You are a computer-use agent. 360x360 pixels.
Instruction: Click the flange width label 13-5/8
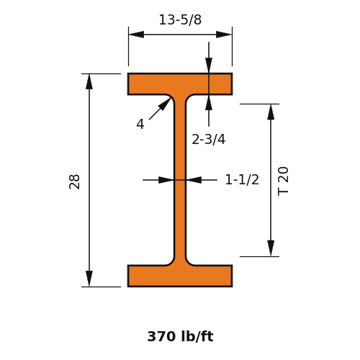pos(180,19)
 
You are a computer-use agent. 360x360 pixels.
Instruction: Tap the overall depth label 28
pos(74,181)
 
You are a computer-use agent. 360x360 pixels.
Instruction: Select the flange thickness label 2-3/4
pos(209,139)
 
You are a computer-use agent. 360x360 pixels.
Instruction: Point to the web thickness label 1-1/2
pos(242,179)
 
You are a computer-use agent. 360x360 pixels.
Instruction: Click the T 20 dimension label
pos(283,181)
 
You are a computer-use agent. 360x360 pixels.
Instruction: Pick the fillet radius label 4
pos(140,125)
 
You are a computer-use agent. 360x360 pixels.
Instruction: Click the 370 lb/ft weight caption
pos(180,336)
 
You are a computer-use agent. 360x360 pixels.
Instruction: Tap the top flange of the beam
pos(180,84)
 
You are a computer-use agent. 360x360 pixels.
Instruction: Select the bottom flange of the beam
pos(180,276)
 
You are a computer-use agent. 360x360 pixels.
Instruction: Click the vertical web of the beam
pos(180,180)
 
